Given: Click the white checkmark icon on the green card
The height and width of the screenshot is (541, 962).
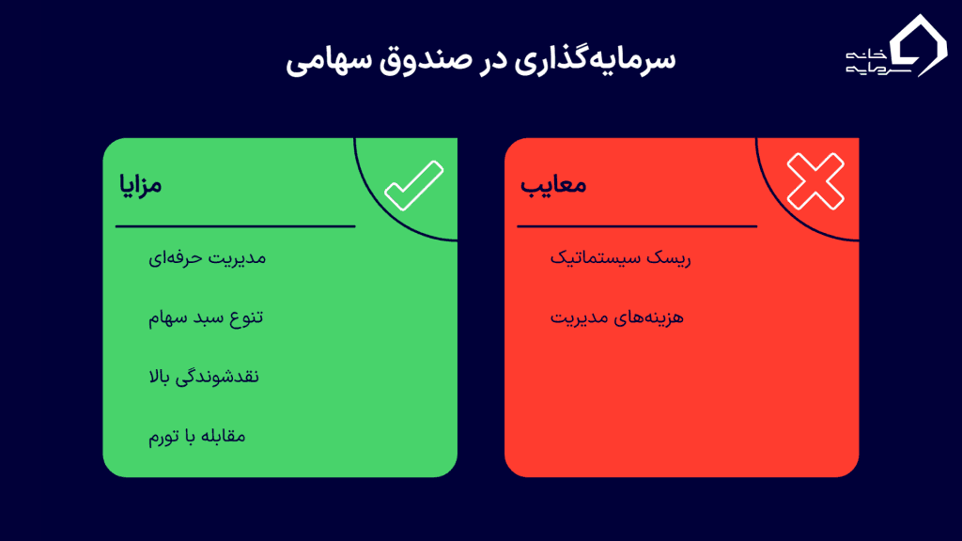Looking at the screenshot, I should pyautogui.click(x=413, y=185).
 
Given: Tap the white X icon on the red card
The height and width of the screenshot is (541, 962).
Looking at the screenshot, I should pyautogui.click(x=815, y=181).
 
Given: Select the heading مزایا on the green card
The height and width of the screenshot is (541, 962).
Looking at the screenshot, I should pyautogui.click(x=140, y=184).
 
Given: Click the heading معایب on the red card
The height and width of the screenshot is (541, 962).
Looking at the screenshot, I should pyautogui.click(x=554, y=184).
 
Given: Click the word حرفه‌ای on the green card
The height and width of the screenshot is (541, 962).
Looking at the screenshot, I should pyautogui.click(x=176, y=256).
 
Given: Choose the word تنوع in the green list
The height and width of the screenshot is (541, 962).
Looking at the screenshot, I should pyautogui.click(x=244, y=317).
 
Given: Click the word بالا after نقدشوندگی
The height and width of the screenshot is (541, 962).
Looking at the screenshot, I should pyautogui.click(x=159, y=377).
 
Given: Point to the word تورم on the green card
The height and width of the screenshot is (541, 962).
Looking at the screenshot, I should pyautogui.click(x=162, y=437).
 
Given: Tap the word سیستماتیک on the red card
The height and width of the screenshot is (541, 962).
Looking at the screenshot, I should pyautogui.click(x=595, y=256).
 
